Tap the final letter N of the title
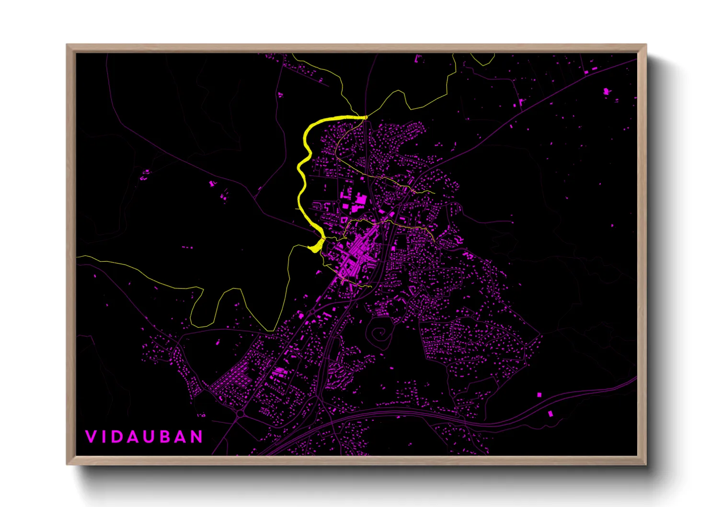tap(197, 437)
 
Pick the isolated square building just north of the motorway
tap(539, 395)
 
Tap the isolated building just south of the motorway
tap(550, 413)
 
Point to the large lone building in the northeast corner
tap(606, 91)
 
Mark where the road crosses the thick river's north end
tap(365, 117)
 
